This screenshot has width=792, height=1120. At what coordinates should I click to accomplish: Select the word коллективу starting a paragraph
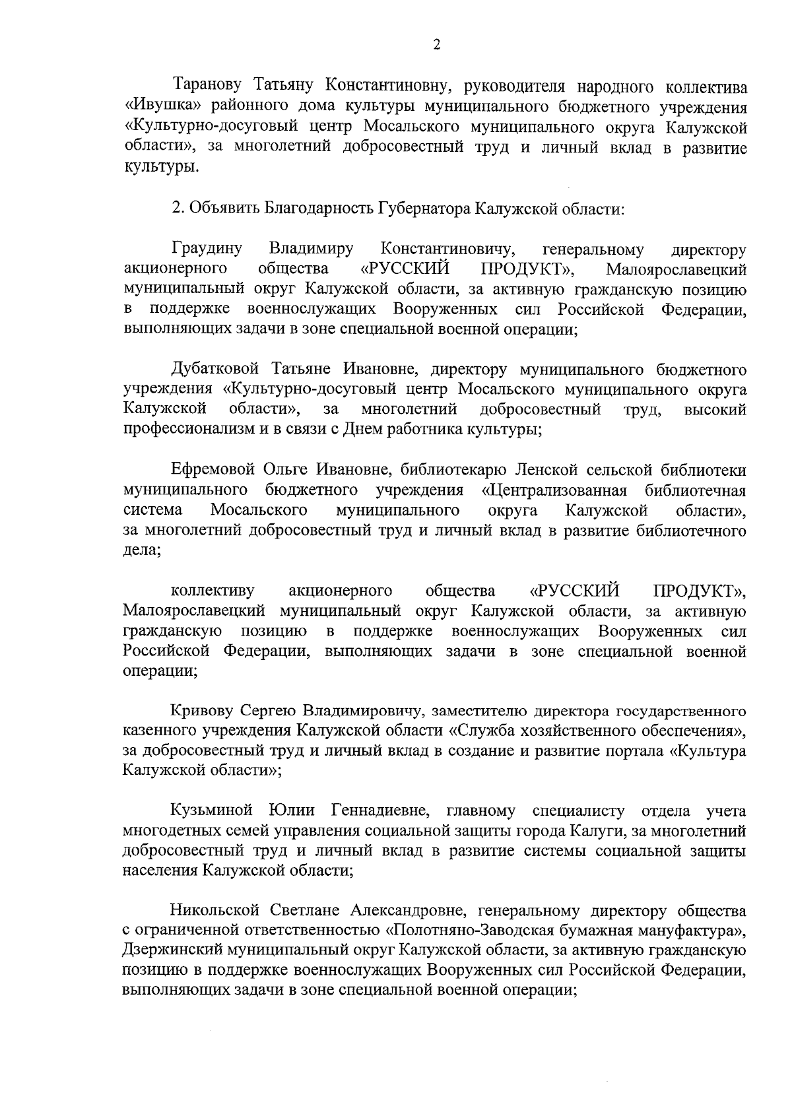click(x=213, y=590)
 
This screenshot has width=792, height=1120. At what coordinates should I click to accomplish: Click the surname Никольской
click(x=216, y=911)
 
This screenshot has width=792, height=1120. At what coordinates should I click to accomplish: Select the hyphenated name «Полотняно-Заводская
click(x=479, y=931)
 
